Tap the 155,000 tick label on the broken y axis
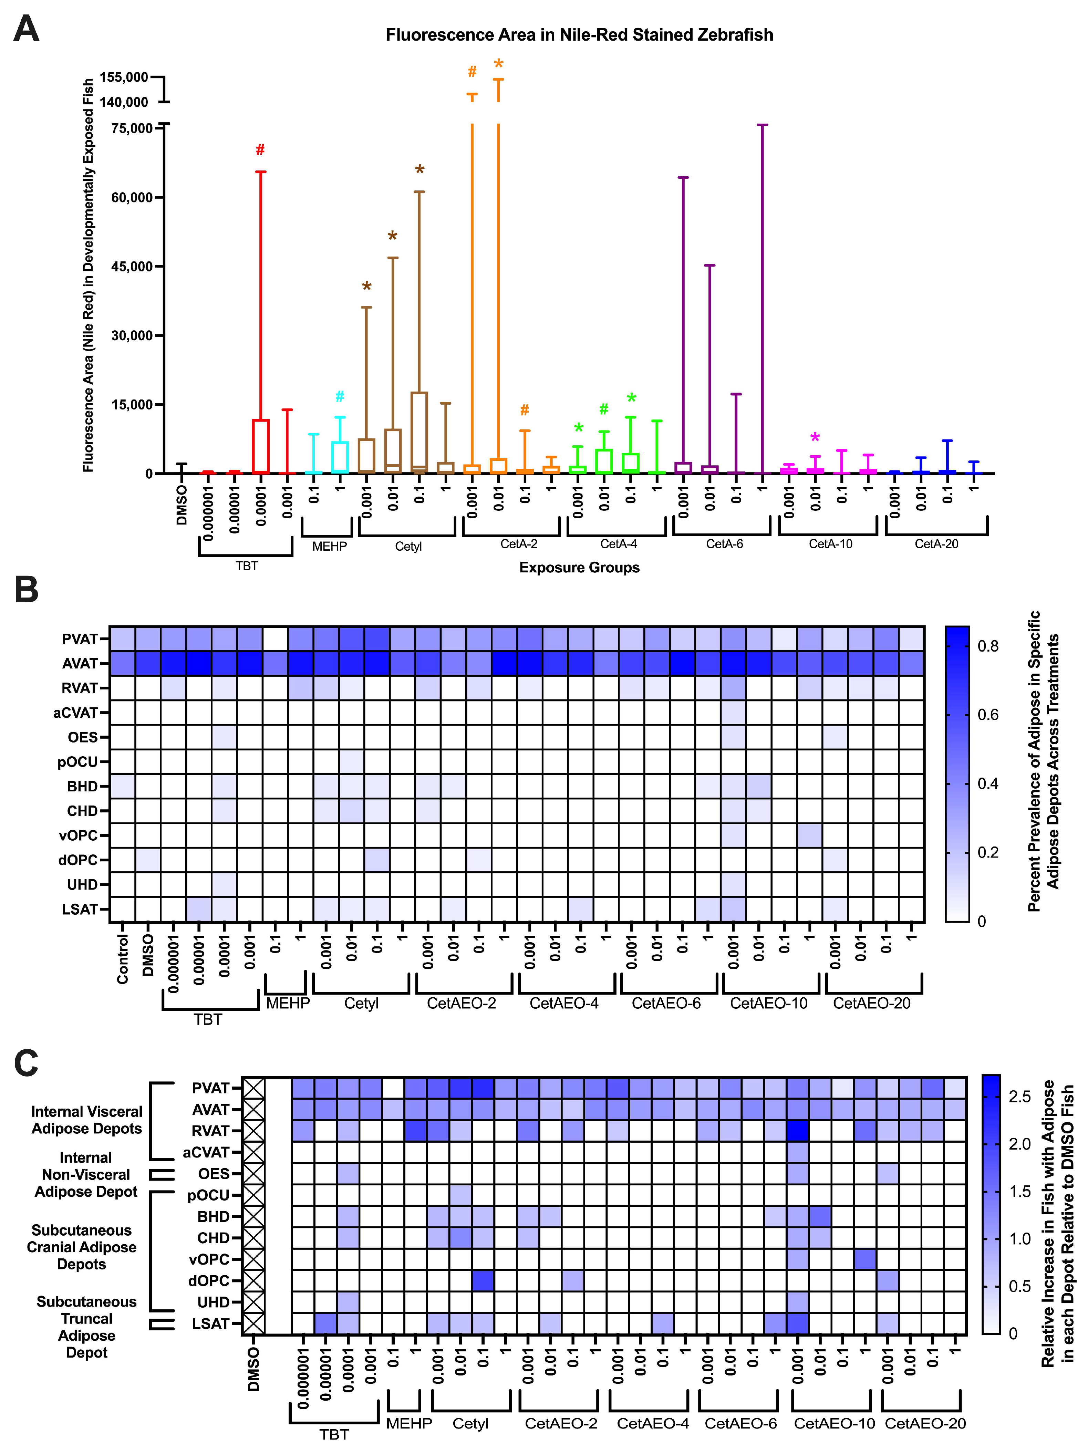tap(124, 77)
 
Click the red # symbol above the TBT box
tap(260, 150)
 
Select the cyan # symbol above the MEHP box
tap(340, 396)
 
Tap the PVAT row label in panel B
tap(80, 639)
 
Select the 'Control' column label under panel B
tap(122, 960)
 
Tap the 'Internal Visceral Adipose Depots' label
tap(87, 1119)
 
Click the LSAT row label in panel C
tap(210, 1323)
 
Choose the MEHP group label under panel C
tap(409, 1423)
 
